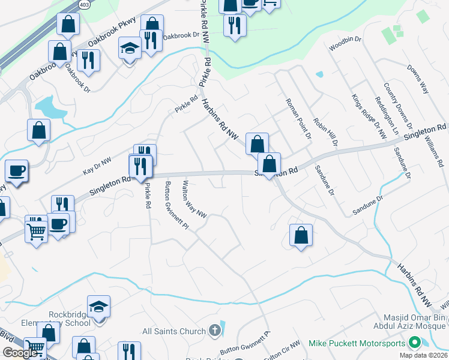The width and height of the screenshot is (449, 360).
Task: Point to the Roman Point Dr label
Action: (298, 119)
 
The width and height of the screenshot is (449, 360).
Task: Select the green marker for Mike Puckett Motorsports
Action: (414, 343)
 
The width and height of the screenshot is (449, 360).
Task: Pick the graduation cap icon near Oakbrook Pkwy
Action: (129, 47)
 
